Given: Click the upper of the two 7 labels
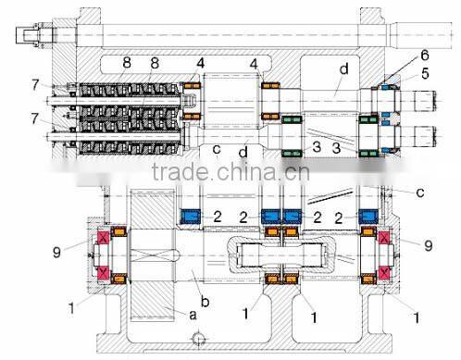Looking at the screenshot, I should (33, 86).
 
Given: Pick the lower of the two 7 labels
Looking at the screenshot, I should (33, 119).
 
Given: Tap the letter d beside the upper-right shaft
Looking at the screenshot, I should (343, 68).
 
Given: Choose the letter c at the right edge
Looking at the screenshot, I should (421, 192).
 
